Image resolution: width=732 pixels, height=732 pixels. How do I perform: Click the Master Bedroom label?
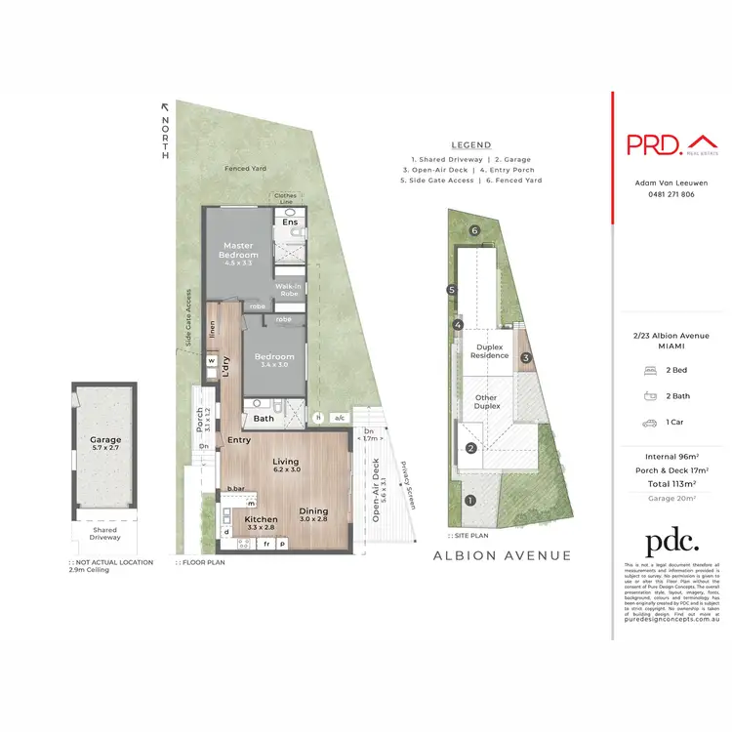click(240, 250)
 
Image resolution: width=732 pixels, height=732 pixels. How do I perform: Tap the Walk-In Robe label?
click(289, 289)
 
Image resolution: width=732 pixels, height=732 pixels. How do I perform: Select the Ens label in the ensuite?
click(290, 223)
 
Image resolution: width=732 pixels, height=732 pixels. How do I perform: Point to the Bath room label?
click(264, 419)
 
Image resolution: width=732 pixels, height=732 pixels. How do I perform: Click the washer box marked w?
click(211, 360)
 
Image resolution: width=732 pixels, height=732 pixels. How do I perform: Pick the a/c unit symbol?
click(340, 418)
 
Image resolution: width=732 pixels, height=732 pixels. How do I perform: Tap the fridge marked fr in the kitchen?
click(265, 543)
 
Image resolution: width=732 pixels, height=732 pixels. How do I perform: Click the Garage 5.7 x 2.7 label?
click(105, 444)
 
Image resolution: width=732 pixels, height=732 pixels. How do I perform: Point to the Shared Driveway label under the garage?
click(104, 534)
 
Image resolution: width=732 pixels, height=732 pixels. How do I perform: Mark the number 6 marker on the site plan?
click(474, 230)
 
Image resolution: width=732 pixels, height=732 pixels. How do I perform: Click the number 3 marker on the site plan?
click(525, 358)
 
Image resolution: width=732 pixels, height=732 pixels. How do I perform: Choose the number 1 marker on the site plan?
click(470, 502)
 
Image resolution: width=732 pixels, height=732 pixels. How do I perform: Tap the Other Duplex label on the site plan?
click(486, 402)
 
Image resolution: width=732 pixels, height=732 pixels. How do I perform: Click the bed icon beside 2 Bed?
click(649, 372)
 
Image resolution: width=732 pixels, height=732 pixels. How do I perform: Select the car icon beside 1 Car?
click(649, 424)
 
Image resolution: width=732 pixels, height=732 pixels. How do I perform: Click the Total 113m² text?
click(669, 484)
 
